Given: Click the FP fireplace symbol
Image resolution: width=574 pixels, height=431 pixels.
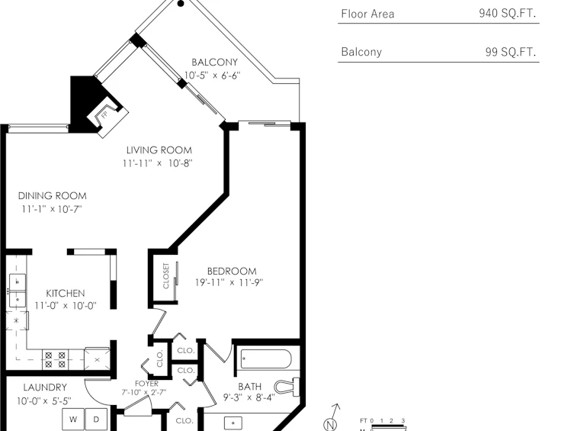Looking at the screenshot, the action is (107, 117).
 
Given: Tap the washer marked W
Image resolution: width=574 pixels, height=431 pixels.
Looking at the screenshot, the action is (73, 420).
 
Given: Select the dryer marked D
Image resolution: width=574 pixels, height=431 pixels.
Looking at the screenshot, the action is (96, 420).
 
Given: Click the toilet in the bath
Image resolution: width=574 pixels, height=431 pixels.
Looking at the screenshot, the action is (287, 386).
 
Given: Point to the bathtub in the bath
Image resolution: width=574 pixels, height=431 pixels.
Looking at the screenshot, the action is (266, 359).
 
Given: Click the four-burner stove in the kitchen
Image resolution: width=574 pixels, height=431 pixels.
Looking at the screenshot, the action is (56, 359).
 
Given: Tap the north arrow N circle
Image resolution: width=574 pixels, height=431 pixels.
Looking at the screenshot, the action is (330, 425).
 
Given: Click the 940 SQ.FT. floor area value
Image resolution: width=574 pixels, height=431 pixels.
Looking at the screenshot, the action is (507, 14).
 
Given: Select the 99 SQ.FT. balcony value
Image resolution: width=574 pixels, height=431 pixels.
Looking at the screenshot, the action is (511, 52).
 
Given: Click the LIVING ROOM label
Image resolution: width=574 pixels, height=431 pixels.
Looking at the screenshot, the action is (159, 150).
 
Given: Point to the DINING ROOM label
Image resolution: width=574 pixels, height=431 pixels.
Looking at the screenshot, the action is (53, 196).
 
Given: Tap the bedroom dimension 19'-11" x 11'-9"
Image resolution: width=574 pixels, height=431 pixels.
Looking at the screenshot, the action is (229, 283).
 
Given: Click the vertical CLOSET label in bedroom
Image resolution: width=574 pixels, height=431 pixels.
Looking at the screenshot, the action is (166, 276).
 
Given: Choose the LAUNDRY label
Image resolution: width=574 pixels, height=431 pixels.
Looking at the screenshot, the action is (45, 388).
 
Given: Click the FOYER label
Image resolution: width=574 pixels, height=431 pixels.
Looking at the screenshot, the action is (146, 384).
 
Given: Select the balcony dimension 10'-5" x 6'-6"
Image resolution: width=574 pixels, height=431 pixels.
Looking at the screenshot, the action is (212, 76).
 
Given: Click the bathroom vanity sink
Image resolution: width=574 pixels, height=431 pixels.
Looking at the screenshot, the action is (232, 423).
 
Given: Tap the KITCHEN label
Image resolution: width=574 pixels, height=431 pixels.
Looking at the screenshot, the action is (66, 294).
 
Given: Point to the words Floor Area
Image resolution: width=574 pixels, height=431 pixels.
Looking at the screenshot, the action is (367, 14).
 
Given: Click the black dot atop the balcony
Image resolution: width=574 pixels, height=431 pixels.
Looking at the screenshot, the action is (181, 4).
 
